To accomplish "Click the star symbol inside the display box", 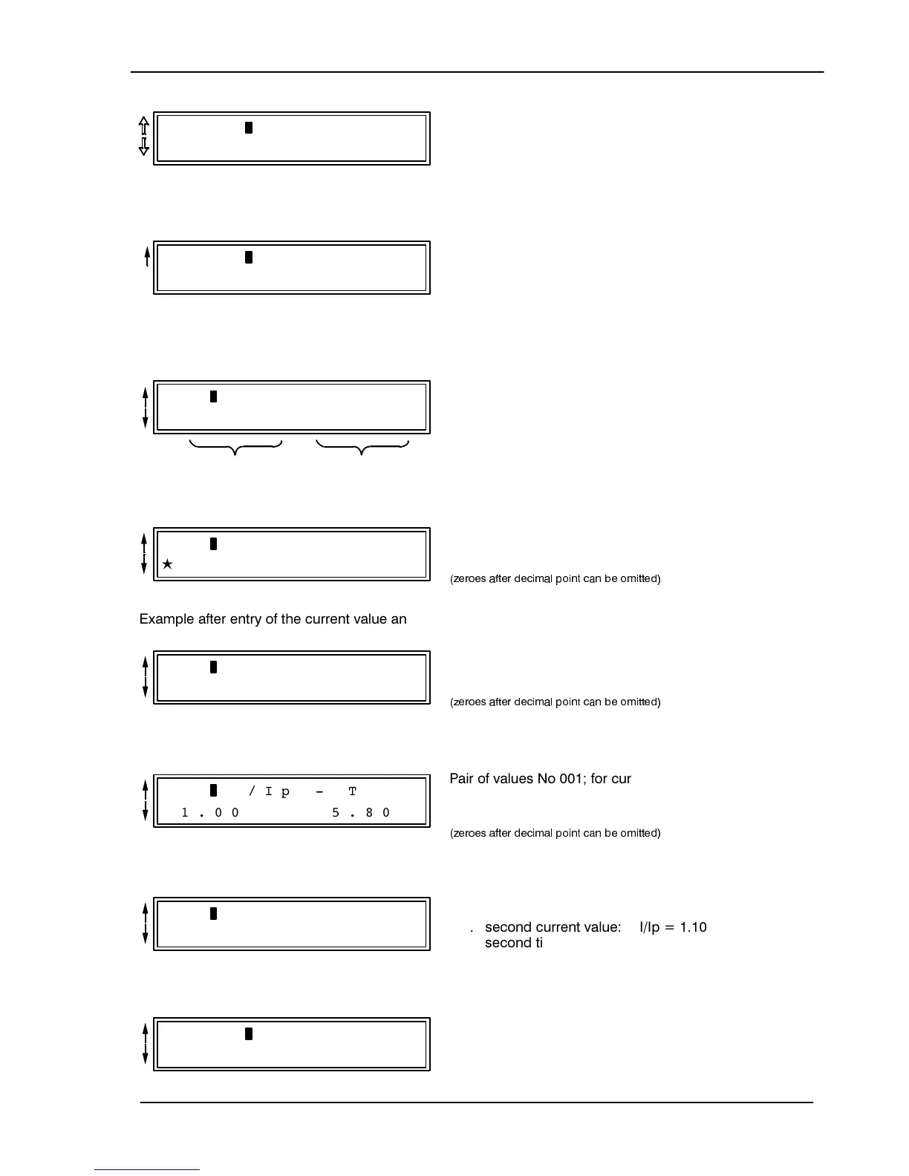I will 168,565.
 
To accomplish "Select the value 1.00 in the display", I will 210,812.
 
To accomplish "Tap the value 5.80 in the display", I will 361,812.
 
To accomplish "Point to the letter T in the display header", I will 353,791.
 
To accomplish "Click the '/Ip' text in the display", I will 269,791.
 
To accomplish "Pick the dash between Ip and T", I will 319,791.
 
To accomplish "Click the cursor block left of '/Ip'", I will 214,790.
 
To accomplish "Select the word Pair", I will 463,779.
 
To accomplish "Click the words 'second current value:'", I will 553,927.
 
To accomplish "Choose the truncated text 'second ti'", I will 513,943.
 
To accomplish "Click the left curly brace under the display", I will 236,448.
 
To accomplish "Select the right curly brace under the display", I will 362,448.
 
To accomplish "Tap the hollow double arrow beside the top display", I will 144,137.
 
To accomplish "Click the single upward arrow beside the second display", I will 147,257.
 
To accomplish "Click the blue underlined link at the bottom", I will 147,1170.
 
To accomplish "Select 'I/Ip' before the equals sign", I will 649,927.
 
